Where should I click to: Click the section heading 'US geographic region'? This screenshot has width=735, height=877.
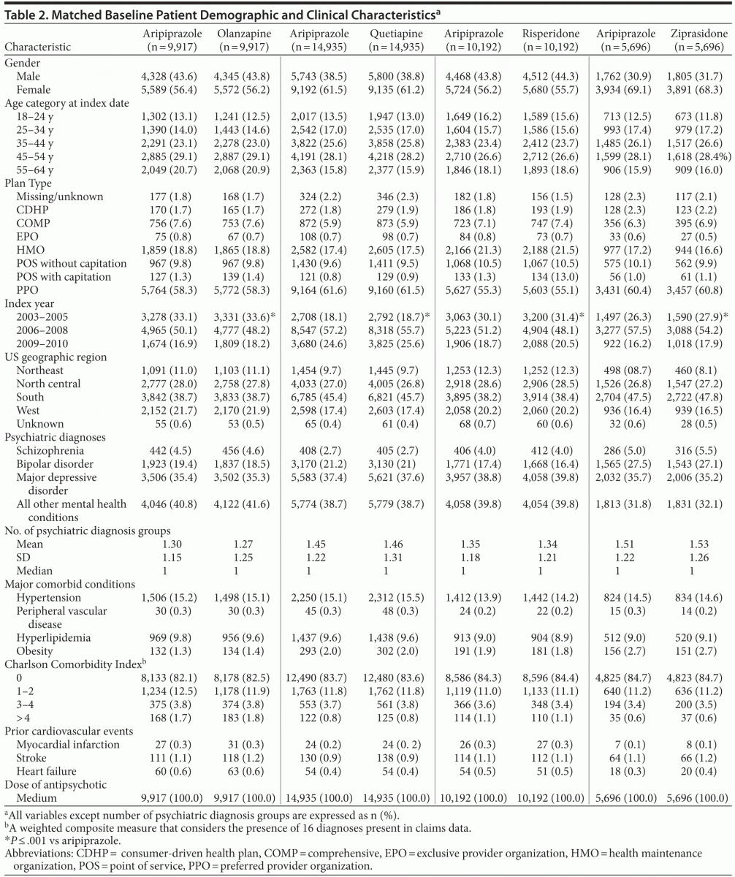click(56, 357)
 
